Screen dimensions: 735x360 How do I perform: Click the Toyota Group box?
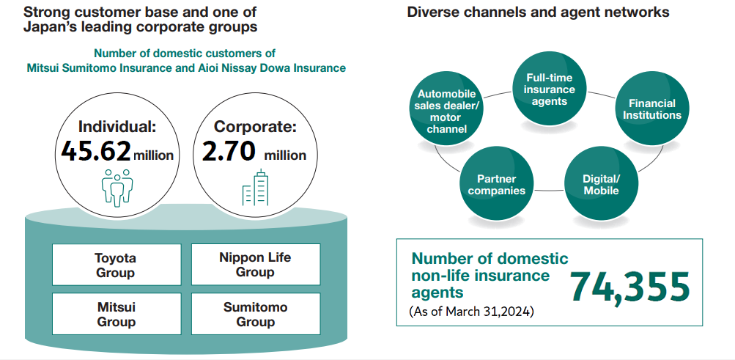(x=117, y=265)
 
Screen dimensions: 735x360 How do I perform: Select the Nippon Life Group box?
(x=256, y=264)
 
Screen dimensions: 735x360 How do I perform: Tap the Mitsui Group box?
(x=117, y=314)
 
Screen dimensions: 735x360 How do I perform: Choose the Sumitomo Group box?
(x=256, y=314)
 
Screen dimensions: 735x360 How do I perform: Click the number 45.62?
(x=96, y=152)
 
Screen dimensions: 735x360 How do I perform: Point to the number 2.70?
(x=229, y=152)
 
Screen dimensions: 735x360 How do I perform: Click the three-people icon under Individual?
(x=117, y=188)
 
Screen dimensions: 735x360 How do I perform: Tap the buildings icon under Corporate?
(x=256, y=188)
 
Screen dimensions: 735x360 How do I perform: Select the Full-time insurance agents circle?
(x=550, y=89)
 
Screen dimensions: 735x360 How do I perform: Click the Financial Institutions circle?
(x=652, y=109)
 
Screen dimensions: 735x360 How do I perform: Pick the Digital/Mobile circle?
(x=602, y=184)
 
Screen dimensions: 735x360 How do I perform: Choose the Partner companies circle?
(x=497, y=184)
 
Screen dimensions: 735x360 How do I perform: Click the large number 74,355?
(x=630, y=287)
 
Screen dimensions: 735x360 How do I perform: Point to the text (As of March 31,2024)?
(x=471, y=312)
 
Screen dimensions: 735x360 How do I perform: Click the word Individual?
(x=114, y=127)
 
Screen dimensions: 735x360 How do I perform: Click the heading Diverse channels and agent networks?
(x=538, y=12)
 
